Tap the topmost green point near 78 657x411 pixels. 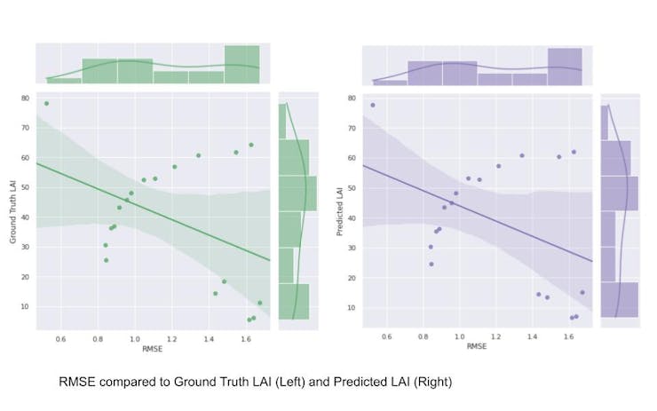(x=46, y=104)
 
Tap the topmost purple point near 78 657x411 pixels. (x=372, y=105)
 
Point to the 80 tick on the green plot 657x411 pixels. (x=27, y=98)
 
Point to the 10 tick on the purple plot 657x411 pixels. (x=352, y=307)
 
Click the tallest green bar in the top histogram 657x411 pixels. (x=241, y=65)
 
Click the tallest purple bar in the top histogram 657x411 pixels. (x=565, y=67)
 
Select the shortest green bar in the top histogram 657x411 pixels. (x=64, y=81)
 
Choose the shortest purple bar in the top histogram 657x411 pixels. (x=390, y=83)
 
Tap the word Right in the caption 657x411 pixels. (x=432, y=383)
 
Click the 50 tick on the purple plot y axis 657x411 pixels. (x=352, y=187)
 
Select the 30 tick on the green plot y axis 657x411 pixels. (x=27, y=247)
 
